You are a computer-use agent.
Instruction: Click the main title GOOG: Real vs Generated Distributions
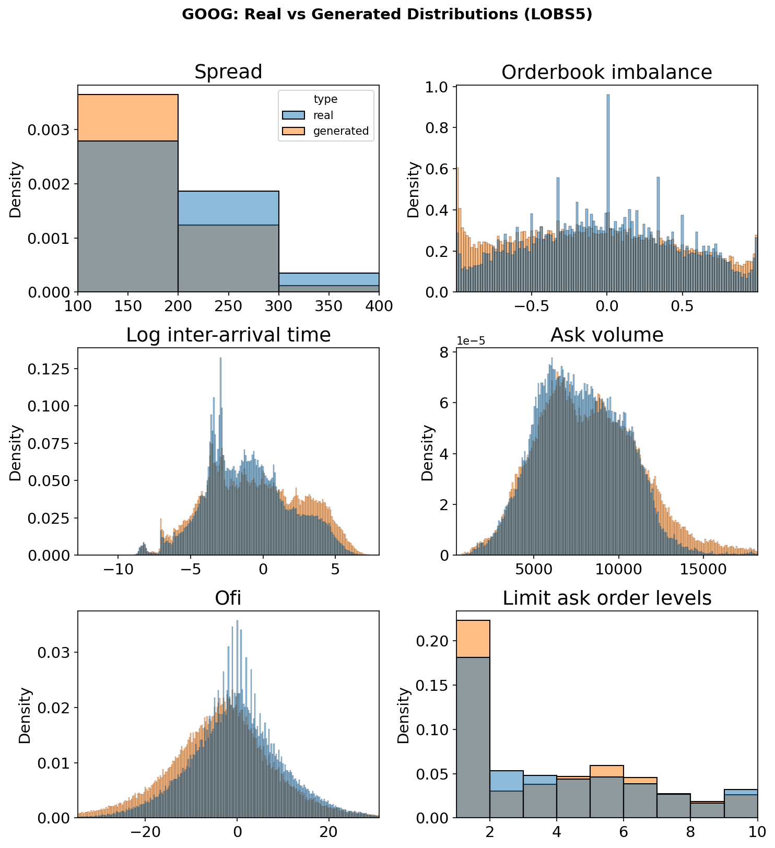pyautogui.click(x=387, y=15)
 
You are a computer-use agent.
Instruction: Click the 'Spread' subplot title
pyautogui.click(x=228, y=72)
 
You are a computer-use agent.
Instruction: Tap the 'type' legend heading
pyautogui.click(x=325, y=99)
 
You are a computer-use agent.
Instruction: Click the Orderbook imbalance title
pyautogui.click(x=606, y=72)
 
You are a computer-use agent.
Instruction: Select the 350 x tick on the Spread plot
pyautogui.click(x=329, y=306)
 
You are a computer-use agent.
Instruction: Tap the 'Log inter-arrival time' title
pyautogui.click(x=228, y=335)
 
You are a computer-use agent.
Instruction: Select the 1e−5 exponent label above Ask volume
pyautogui.click(x=471, y=341)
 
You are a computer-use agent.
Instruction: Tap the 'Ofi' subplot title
pyautogui.click(x=228, y=598)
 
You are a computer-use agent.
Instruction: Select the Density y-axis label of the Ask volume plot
pyautogui.click(x=428, y=452)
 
